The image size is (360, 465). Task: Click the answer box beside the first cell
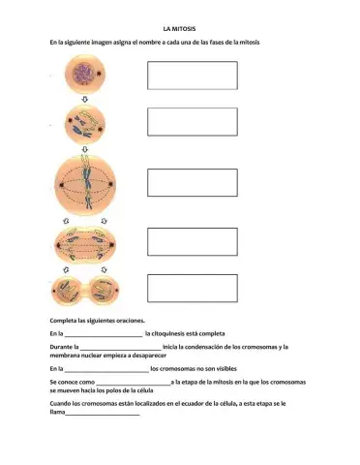coord(192,76)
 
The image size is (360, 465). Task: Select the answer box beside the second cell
coord(192,121)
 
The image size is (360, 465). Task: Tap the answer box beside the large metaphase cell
coord(192,182)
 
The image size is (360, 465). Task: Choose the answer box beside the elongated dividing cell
coord(192,241)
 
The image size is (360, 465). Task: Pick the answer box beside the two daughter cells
coord(192,288)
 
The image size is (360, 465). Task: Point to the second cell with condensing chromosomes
coord(84,125)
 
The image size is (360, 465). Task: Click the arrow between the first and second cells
coord(84,99)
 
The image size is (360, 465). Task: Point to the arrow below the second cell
coord(84,149)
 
